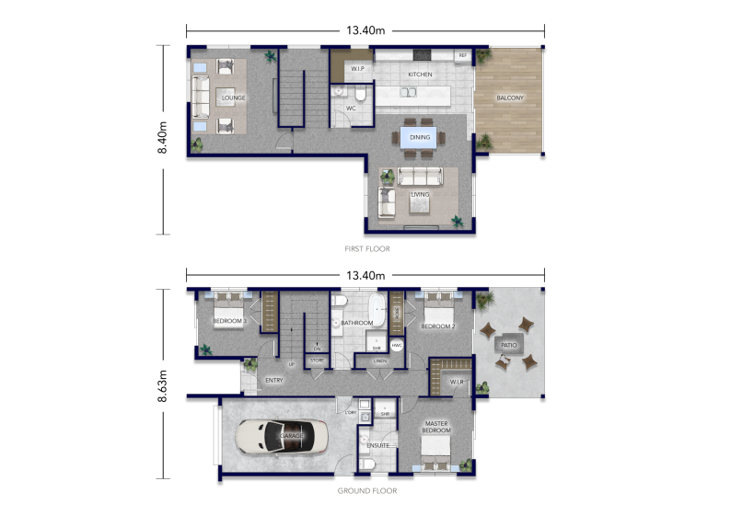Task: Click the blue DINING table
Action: point(420,137)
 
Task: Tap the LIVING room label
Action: point(420,195)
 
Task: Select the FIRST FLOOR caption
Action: point(365,248)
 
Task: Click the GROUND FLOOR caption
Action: point(366,491)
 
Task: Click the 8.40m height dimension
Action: point(163,139)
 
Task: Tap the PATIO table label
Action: point(508,345)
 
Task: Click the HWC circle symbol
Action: point(398,346)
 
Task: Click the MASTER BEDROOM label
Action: point(436,428)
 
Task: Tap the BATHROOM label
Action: point(356,323)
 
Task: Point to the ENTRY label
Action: point(273,380)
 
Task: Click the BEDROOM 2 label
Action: point(438,327)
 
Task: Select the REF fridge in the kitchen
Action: point(462,56)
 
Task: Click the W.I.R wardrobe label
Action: point(457,381)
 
